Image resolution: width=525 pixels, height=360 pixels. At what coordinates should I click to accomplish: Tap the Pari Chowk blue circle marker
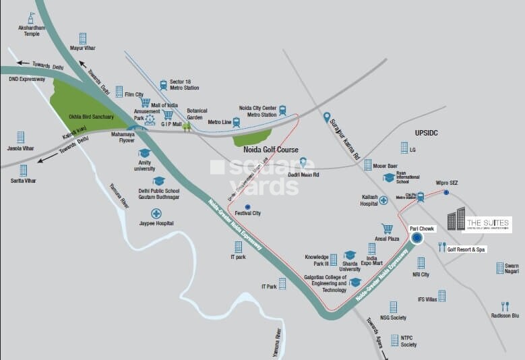416,237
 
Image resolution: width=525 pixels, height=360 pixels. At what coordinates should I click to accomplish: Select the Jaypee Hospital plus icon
156,213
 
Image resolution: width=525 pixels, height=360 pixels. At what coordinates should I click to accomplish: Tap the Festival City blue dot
247,206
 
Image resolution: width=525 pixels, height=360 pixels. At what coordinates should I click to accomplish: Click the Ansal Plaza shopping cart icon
387,229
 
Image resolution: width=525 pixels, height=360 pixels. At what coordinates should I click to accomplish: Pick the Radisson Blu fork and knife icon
505,306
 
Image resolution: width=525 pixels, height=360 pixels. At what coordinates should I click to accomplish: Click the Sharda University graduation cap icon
350,255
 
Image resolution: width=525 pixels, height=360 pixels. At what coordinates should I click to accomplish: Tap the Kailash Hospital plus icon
383,200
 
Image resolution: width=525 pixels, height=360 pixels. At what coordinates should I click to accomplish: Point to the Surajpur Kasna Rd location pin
327,117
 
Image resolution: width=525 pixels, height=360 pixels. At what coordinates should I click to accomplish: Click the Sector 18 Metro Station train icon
163,86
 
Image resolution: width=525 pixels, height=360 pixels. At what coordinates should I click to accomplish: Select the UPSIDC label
426,133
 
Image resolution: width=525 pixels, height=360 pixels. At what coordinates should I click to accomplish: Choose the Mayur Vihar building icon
83,38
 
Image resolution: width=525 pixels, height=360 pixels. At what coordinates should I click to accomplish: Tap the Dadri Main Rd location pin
303,163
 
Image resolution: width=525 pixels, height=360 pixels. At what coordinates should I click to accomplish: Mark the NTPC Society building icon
394,340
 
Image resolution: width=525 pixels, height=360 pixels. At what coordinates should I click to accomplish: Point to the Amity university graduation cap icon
144,153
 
